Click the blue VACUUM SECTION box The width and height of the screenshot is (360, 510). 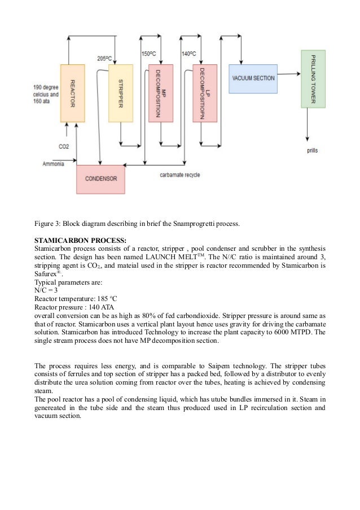tap(253, 77)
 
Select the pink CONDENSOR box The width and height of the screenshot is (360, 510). tap(100, 178)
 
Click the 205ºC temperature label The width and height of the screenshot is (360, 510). tap(104, 58)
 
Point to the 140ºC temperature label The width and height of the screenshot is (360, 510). tap(188, 54)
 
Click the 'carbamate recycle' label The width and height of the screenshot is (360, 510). tap(179, 175)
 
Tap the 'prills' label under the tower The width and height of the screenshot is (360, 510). tap(312, 151)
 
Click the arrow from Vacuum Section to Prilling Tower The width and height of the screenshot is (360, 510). tap(287, 73)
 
